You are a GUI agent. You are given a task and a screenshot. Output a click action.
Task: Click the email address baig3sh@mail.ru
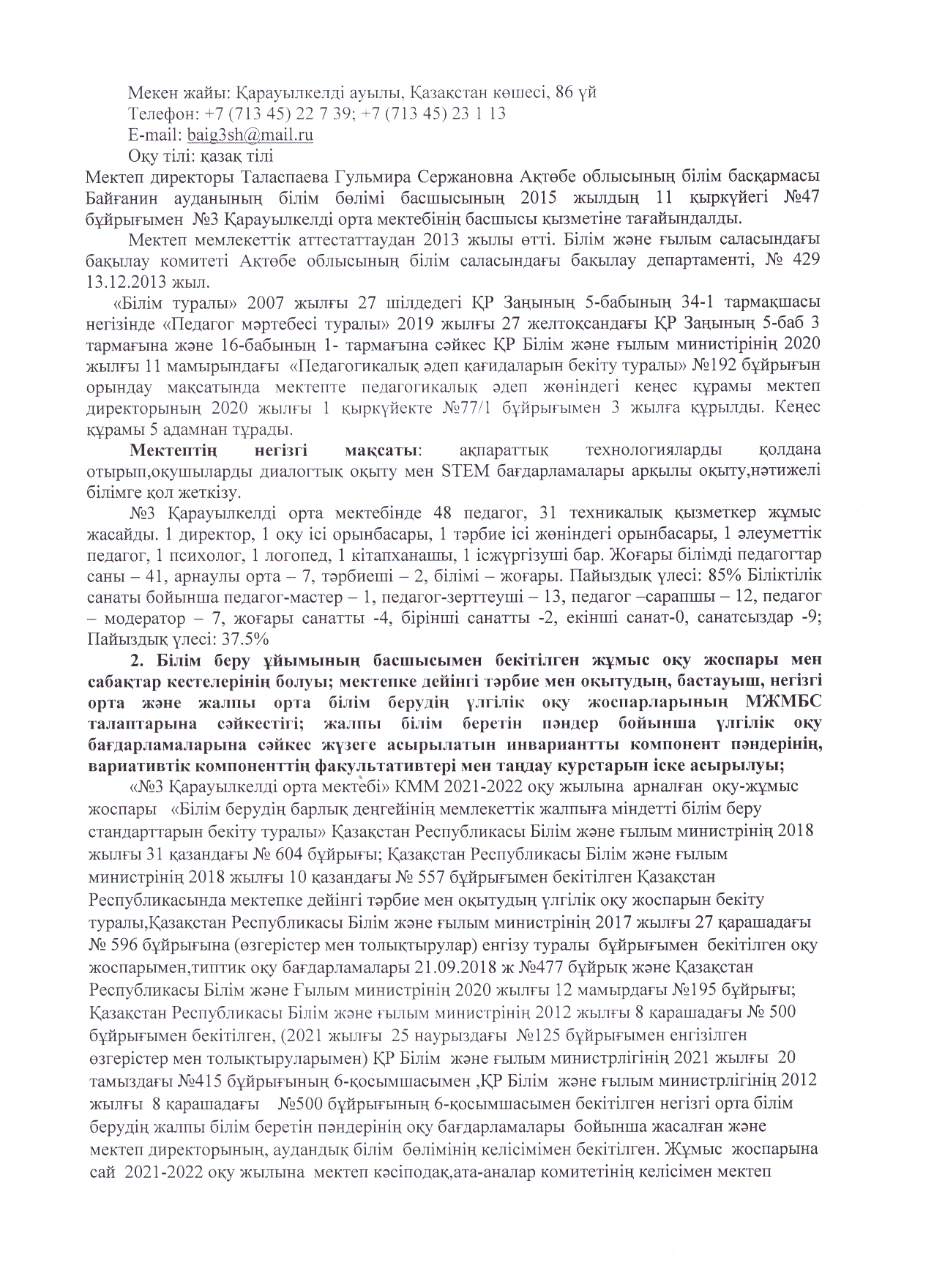click(x=250, y=135)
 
